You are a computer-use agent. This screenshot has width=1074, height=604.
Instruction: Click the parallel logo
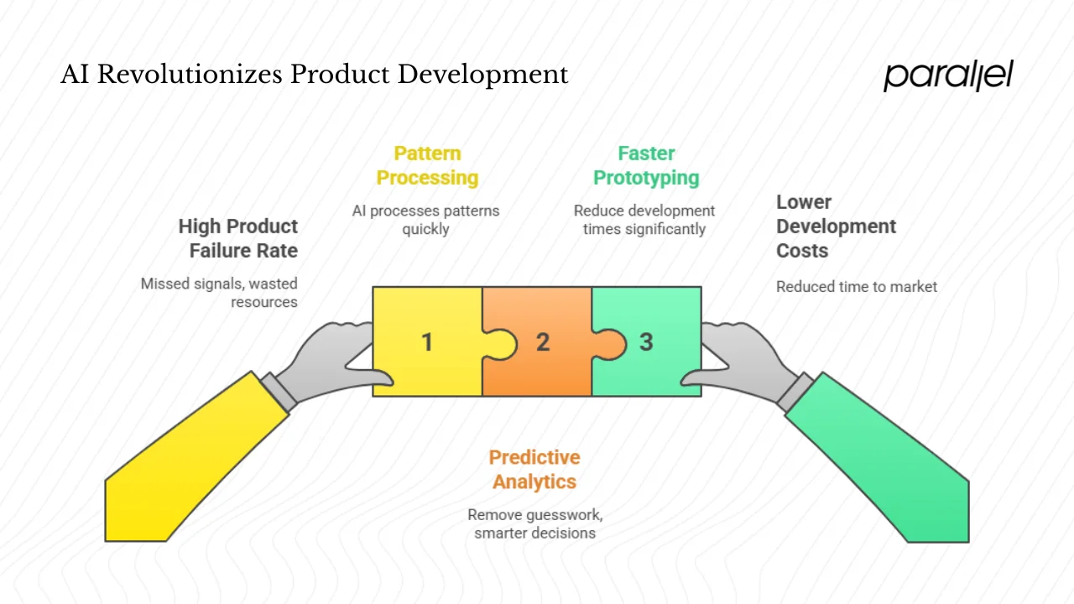click(948, 75)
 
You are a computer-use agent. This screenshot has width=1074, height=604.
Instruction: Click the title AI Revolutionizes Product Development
click(315, 75)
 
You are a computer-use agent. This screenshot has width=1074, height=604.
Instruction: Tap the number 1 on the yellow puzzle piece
click(427, 342)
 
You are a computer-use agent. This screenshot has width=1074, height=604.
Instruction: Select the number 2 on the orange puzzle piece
click(543, 342)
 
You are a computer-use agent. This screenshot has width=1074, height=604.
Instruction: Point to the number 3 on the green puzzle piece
click(646, 342)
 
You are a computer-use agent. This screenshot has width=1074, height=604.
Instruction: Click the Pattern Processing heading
click(427, 165)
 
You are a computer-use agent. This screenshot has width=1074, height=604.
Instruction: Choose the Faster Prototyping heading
click(646, 165)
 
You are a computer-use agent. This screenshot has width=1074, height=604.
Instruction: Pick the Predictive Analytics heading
click(534, 469)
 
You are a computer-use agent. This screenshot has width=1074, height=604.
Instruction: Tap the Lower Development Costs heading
click(836, 226)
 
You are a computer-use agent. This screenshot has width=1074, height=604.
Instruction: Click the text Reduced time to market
click(856, 287)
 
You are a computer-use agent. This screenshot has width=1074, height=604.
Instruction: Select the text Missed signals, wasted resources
click(220, 293)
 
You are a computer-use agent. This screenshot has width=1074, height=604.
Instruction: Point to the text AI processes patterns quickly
click(425, 220)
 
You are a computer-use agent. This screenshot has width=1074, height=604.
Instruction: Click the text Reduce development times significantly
click(644, 220)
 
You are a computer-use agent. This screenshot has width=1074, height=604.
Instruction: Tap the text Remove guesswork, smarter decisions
click(534, 523)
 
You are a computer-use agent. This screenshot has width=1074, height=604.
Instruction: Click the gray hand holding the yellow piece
click(336, 361)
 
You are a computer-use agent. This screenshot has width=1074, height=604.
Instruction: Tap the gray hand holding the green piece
click(738, 361)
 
